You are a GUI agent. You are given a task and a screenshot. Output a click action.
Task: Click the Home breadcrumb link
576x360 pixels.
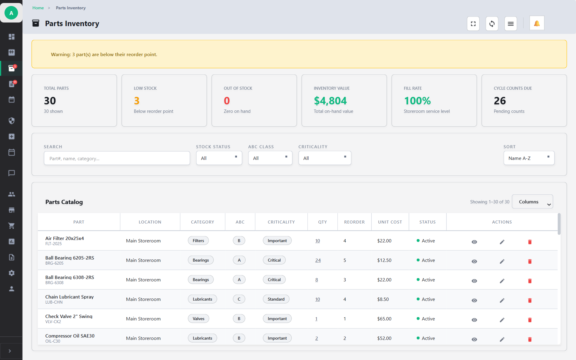[x=38, y=8]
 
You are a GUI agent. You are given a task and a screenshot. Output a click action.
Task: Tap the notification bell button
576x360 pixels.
[x=537, y=23]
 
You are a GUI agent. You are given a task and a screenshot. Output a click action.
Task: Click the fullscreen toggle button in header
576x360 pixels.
[x=473, y=24]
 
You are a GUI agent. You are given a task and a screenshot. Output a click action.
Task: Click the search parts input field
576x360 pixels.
[x=117, y=158]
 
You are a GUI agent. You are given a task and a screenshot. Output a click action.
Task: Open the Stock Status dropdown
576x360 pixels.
[x=219, y=158]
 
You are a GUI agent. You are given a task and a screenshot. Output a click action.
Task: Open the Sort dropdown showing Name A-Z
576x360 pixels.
[x=529, y=158]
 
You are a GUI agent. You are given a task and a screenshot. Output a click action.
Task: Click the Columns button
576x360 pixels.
[x=532, y=202]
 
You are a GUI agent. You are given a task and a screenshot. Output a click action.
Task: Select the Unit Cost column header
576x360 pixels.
[x=390, y=222]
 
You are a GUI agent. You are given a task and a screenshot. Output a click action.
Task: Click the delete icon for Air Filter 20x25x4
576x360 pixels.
[x=530, y=242]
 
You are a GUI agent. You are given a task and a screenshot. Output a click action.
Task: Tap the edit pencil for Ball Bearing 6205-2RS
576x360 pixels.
[x=502, y=261]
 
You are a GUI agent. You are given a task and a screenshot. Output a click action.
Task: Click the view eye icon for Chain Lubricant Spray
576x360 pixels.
[x=474, y=300]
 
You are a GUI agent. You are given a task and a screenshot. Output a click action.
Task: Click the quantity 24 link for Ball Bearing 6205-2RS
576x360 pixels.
[x=318, y=260]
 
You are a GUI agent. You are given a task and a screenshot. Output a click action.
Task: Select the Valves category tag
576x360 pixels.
[x=198, y=319]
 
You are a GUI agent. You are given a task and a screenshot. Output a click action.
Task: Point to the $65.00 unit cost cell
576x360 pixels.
[x=384, y=319]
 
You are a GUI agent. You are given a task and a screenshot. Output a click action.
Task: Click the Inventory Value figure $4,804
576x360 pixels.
[x=330, y=101]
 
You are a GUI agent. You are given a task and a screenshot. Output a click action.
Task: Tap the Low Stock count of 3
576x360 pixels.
[x=137, y=101]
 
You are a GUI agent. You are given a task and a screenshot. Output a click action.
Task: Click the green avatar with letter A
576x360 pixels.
[x=11, y=13]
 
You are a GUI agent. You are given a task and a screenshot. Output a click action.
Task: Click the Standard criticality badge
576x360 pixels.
[x=276, y=299]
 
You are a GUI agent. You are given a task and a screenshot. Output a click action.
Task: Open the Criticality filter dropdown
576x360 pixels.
[x=325, y=158]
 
